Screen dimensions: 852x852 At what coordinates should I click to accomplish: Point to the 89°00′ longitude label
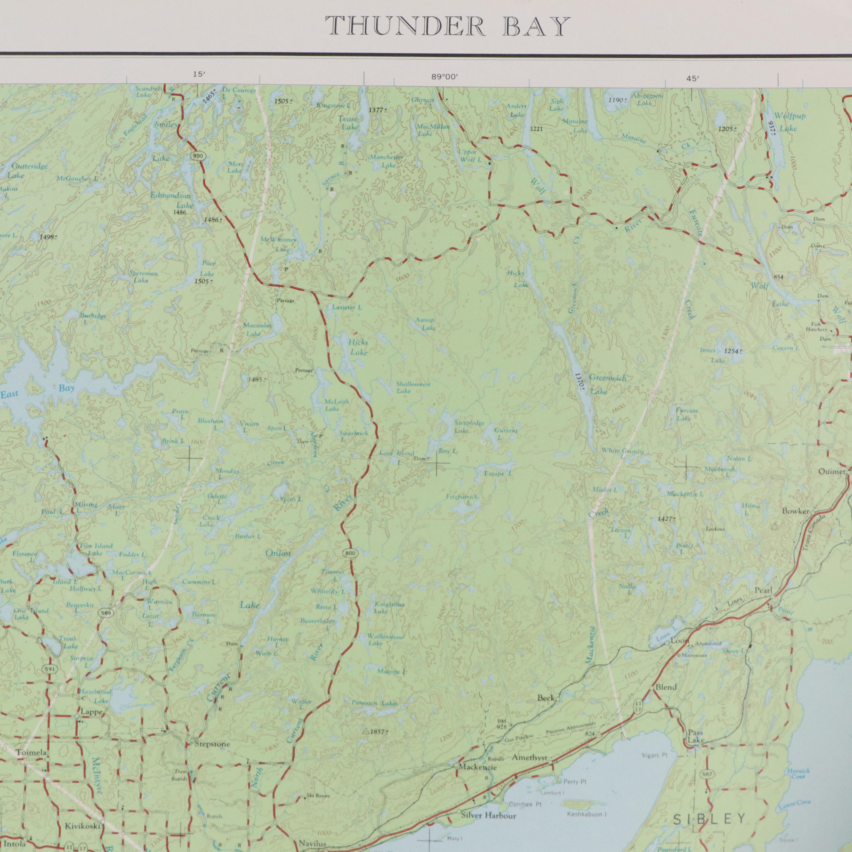coord(445,77)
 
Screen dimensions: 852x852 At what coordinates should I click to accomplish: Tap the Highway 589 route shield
coord(107,613)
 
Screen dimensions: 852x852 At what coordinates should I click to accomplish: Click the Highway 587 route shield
coord(705,773)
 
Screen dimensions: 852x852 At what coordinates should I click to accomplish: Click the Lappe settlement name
coord(92,712)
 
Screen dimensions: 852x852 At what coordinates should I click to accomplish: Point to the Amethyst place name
coord(529,758)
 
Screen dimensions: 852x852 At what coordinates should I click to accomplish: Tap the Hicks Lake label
coord(358,347)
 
